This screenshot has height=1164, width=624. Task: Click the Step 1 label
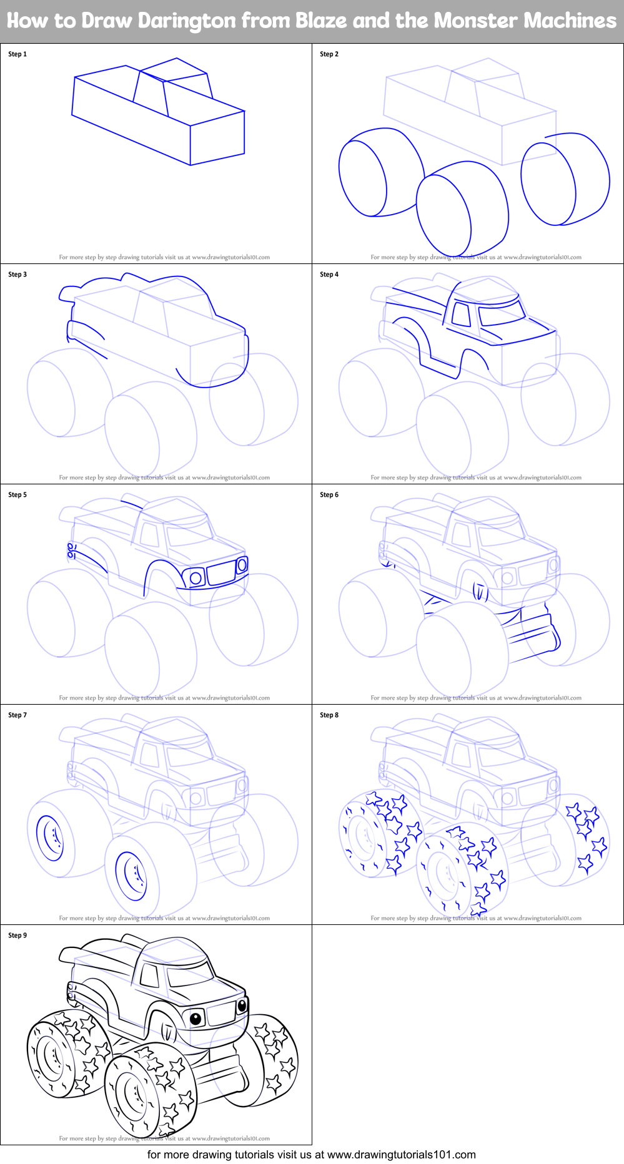click(x=17, y=54)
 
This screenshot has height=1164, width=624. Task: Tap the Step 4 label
click(x=329, y=275)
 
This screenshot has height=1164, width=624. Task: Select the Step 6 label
click(x=329, y=495)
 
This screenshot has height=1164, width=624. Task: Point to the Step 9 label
click(x=17, y=936)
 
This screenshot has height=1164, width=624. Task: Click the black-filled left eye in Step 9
click(x=196, y=1019)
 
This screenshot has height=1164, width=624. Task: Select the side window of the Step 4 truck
click(x=462, y=314)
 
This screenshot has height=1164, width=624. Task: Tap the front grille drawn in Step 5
click(x=220, y=573)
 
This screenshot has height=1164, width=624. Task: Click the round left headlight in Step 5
click(x=196, y=578)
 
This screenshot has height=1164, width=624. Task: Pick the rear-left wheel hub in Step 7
click(x=50, y=838)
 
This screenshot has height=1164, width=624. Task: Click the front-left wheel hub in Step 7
click(x=131, y=876)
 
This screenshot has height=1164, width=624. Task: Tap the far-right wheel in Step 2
click(x=565, y=179)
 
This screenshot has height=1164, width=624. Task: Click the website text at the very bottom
click(x=312, y=1155)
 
